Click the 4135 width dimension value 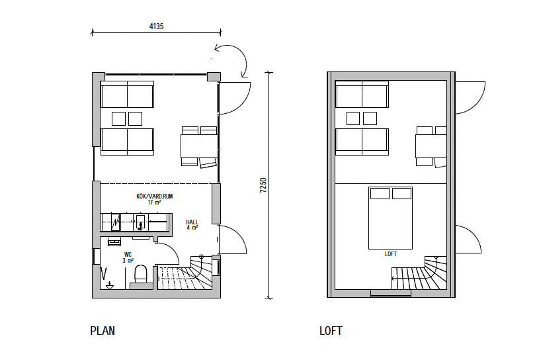(156, 26)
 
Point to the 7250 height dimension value (263, 185)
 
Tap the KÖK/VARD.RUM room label (155, 197)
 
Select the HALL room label (192, 222)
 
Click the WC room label (128, 255)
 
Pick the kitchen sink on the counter (140, 222)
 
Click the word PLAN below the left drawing (103, 331)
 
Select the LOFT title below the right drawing (331, 331)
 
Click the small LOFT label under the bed (390, 254)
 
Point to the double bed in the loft (390, 218)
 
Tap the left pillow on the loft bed (380, 193)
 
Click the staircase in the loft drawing (419, 273)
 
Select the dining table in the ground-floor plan (199, 146)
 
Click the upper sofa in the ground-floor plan (127, 94)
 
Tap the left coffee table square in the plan (118, 118)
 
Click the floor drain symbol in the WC (110, 285)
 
